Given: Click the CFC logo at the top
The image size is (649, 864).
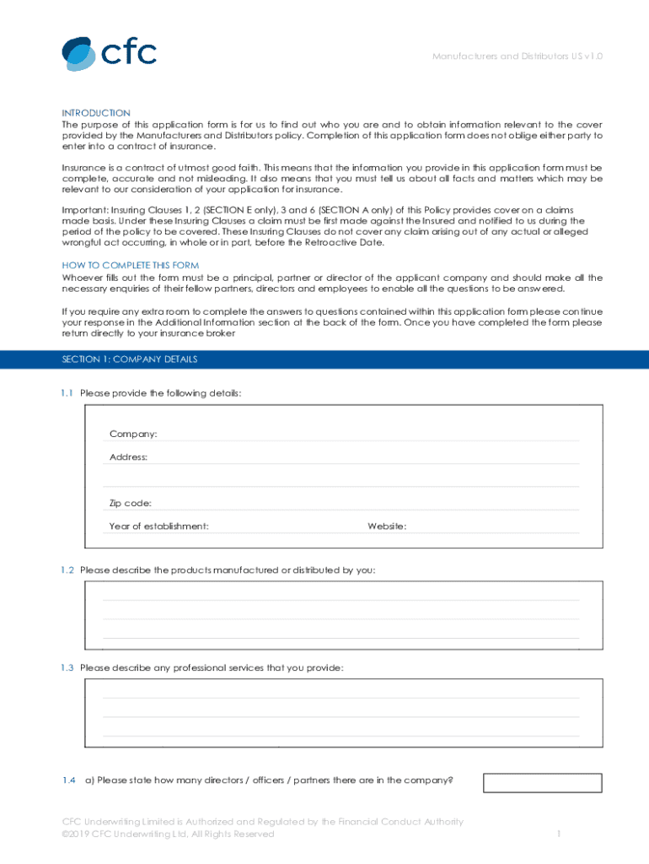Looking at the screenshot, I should tap(109, 54).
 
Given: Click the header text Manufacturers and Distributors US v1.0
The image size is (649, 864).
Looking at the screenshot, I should tap(518, 57).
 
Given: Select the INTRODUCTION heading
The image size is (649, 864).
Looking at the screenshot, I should tap(96, 113).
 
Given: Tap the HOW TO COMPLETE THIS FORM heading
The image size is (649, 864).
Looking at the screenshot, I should tap(130, 265).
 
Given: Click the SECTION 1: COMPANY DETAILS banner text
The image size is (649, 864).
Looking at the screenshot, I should tap(129, 359).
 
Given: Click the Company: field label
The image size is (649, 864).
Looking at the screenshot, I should tap(133, 434).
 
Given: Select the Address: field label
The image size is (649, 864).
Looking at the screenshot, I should tap(128, 456).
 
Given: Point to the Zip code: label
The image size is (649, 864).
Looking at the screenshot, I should tap(130, 503).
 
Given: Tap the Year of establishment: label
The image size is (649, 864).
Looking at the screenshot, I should tap(158, 526).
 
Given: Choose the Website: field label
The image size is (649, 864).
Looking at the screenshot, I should tap(387, 526).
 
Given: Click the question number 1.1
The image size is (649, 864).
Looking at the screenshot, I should tap(67, 393).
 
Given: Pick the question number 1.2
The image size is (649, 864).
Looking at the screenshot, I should tap(67, 570).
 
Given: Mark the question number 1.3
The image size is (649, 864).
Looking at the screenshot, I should tap(67, 667).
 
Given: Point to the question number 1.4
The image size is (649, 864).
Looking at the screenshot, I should tap(67, 780).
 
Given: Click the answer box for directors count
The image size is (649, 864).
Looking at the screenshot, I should tap(542, 782).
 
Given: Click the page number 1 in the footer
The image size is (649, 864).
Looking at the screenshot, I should tap(559, 834).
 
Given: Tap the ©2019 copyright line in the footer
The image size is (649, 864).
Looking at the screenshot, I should tap(168, 834).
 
